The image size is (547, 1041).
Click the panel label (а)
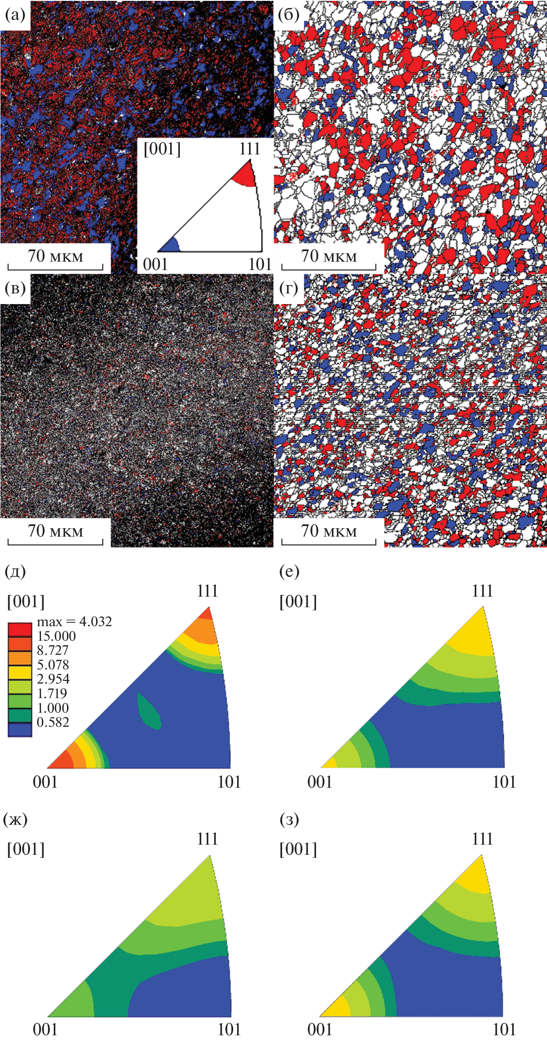15,15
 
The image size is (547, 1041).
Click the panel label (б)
289,15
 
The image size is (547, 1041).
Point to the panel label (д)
15,571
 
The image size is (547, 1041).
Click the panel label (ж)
15,819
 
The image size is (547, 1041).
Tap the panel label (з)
289,819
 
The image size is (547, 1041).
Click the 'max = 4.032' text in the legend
74,622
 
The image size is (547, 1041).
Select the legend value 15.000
56,636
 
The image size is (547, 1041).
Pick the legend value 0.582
53,722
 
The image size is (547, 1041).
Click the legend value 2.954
53,679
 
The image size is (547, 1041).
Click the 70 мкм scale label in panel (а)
56,256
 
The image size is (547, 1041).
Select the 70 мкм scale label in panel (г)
329,531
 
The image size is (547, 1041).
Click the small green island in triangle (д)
149,710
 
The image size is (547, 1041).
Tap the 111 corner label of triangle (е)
482,591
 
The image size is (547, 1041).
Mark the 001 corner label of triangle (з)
320,1030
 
